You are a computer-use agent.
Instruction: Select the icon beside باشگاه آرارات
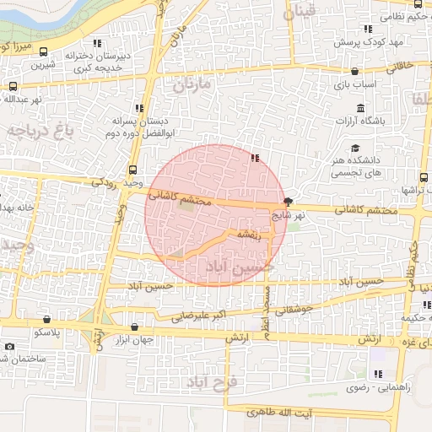[362, 108]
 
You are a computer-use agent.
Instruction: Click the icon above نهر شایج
[289, 202]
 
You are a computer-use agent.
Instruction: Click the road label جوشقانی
[294, 309]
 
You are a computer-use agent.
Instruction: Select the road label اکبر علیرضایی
[199, 317]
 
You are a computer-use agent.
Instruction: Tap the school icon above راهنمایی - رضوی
[377, 374]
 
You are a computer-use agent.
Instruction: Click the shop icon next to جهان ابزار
[134, 327]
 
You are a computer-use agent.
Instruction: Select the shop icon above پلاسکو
[45, 321]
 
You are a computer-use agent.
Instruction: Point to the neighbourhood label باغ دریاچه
[40, 131]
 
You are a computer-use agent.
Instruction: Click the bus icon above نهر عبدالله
[12, 86]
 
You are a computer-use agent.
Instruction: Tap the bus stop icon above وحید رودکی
[131, 170]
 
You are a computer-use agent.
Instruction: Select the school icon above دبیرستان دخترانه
[97, 43]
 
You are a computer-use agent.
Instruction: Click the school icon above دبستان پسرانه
[139, 108]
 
